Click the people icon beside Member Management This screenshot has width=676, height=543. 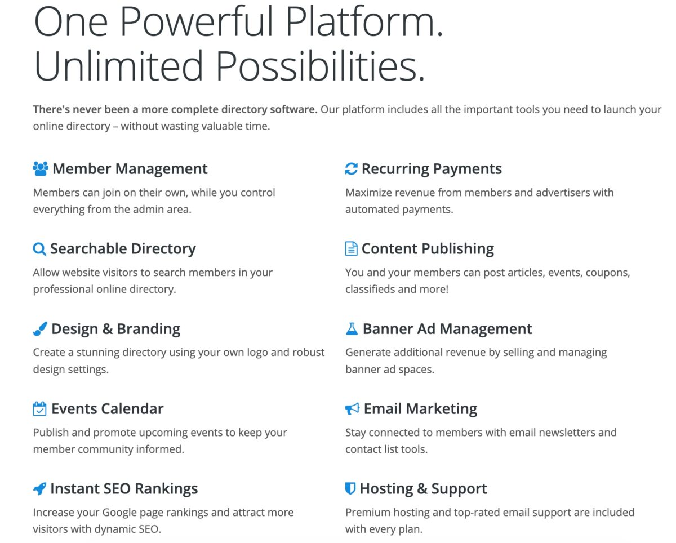coord(41,168)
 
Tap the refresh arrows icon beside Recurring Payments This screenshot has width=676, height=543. coord(351,168)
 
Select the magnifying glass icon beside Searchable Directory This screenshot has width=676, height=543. coord(39,249)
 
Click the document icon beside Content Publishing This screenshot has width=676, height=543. coord(351,249)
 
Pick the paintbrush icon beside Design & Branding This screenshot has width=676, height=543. coord(40,329)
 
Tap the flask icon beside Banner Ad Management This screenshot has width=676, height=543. coord(352,329)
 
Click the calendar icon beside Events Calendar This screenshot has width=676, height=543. coord(39,408)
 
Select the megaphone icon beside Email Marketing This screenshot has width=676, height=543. coord(352,408)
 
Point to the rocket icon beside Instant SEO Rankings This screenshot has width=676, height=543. coord(39,489)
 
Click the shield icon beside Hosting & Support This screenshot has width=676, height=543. coord(350,488)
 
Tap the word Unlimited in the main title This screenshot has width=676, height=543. coord(118,66)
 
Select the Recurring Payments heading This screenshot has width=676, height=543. coord(432,169)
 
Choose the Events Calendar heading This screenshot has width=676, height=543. coord(108,408)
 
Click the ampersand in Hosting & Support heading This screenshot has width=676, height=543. coord(422,489)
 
